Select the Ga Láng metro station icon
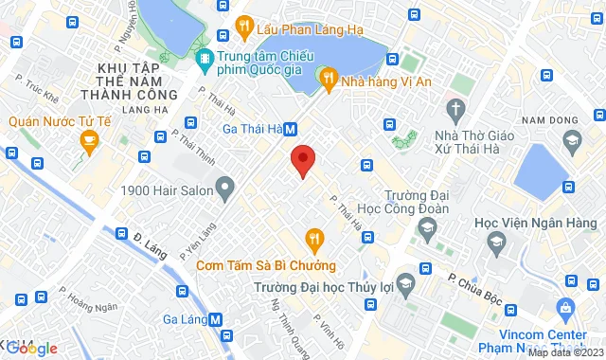pos(217,319)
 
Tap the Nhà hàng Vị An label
pos(385,81)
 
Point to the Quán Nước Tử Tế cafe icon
pos(88,144)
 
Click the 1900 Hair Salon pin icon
pos(224,189)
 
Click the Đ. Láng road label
pos(150,248)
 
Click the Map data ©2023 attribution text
pos(565,353)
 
